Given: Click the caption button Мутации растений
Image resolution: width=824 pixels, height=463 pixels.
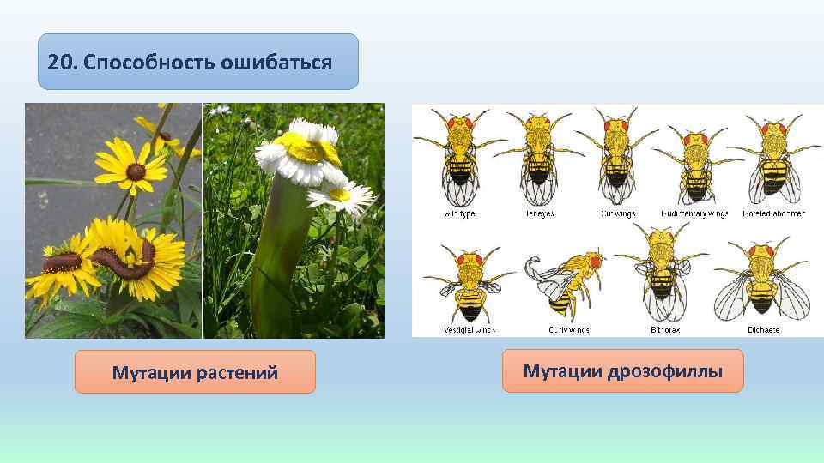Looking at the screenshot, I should click(195, 372).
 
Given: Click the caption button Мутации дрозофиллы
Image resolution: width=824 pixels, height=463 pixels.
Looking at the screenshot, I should click(622, 371).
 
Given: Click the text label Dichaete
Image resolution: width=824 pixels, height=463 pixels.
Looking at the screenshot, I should click(761, 329).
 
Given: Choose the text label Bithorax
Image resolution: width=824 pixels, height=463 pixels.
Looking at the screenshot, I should click(665, 329).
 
